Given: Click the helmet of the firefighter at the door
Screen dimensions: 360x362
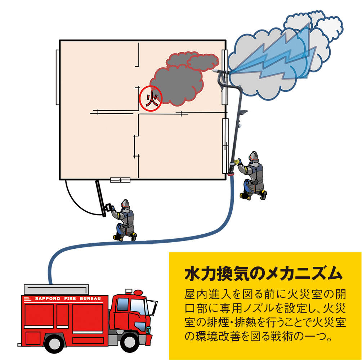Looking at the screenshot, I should [x=125, y=204].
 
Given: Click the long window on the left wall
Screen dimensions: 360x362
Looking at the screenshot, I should [x=57, y=77].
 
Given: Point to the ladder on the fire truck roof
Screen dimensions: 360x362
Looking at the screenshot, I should [x=56, y=289].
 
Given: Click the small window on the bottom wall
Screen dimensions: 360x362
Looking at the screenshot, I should [x=120, y=180].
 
